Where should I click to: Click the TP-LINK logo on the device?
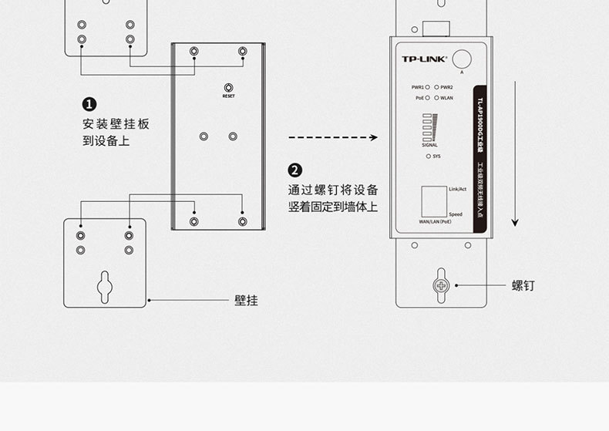424,59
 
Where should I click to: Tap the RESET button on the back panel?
228,88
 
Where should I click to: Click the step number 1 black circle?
89,104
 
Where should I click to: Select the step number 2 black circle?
294,170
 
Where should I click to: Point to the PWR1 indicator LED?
427,88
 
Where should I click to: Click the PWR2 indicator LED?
436,88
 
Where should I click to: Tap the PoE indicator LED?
427,98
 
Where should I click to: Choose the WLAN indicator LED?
436,98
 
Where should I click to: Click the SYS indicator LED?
428,156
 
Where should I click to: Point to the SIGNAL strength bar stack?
429,128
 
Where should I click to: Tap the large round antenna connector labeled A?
462,59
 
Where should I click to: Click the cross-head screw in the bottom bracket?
441,285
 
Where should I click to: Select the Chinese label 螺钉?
523,286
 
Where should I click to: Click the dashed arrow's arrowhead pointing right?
373,138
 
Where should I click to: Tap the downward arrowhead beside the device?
516,223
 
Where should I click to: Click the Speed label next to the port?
456,214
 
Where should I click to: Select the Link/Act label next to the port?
457,189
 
